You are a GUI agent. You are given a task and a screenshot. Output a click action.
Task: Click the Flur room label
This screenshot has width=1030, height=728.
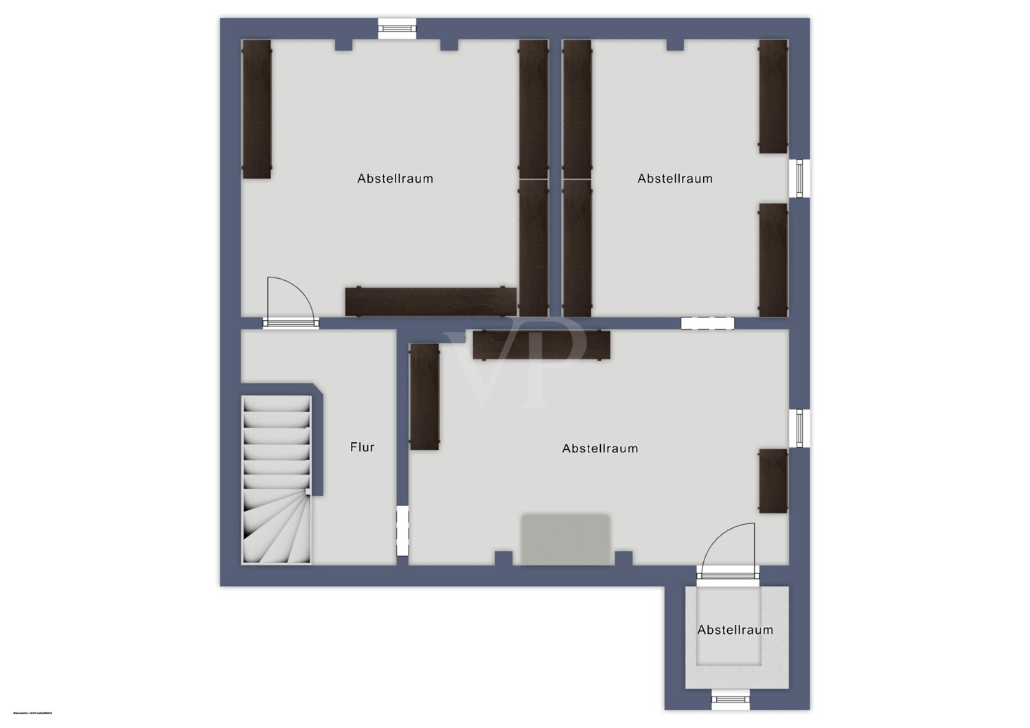(x=362, y=447)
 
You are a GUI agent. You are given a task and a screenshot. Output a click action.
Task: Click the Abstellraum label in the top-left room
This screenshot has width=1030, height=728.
(x=395, y=179)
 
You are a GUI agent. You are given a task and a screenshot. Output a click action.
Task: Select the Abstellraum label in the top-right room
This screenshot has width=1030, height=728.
(x=675, y=179)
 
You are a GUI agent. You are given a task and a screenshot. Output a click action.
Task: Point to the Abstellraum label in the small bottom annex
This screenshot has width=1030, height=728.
(x=735, y=630)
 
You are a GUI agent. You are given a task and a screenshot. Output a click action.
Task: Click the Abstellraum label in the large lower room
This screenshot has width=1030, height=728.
(x=600, y=448)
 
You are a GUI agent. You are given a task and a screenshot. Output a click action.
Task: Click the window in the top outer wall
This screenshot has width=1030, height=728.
(x=397, y=28)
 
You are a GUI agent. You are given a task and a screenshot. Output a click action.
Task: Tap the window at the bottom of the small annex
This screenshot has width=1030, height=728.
(x=730, y=700)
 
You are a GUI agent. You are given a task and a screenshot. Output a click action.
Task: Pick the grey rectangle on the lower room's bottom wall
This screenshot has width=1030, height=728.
(x=566, y=539)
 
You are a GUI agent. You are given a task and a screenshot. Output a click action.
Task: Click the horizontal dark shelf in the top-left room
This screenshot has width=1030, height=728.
(x=431, y=302)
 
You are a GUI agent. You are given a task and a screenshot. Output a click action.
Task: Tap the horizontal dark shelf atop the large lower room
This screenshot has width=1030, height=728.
(x=542, y=345)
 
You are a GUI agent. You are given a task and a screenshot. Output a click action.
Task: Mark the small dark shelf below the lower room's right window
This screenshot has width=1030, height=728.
(x=773, y=481)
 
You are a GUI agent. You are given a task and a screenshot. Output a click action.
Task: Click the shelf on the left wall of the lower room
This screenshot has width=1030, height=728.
(x=424, y=397)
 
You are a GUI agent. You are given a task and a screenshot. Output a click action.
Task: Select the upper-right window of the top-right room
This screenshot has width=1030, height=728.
(x=799, y=179)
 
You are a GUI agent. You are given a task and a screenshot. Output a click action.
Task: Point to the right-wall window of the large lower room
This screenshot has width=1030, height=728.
(x=799, y=429)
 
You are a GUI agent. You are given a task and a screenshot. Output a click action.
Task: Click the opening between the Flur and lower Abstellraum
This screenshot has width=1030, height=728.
(x=402, y=531)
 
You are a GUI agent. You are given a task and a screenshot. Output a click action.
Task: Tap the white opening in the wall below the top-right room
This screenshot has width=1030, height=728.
(x=707, y=323)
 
